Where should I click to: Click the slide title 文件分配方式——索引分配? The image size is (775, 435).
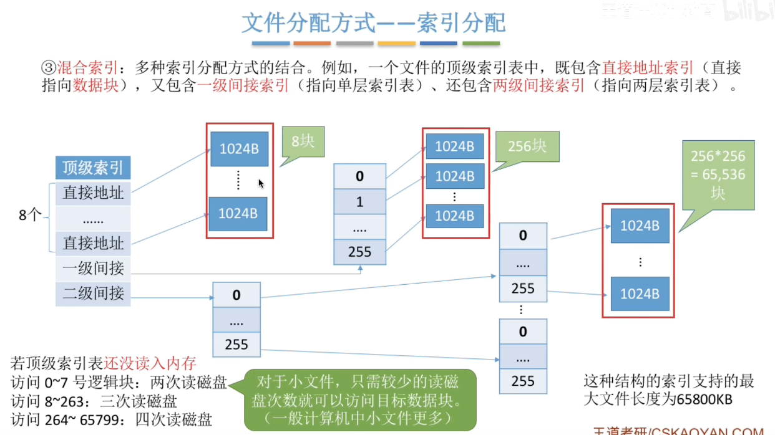point(373,23)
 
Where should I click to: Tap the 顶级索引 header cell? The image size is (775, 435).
point(93,168)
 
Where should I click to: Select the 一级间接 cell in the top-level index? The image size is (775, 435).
point(93,269)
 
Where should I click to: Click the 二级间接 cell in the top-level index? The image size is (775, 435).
point(93,294)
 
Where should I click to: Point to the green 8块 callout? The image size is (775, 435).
point(303,142)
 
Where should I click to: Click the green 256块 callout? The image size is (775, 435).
point(527,147)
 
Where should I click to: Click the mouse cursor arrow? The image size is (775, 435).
point(261,183)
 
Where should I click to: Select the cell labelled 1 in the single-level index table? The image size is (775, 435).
point(359,202)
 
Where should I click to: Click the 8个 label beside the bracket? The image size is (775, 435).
point(30,216)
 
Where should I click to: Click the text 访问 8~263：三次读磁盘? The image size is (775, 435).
point(94,400)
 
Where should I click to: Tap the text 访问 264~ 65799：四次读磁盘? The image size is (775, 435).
point(112,419)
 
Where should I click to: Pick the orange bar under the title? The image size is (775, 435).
point(312,44)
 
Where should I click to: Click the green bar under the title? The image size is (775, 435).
point(481,44)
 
